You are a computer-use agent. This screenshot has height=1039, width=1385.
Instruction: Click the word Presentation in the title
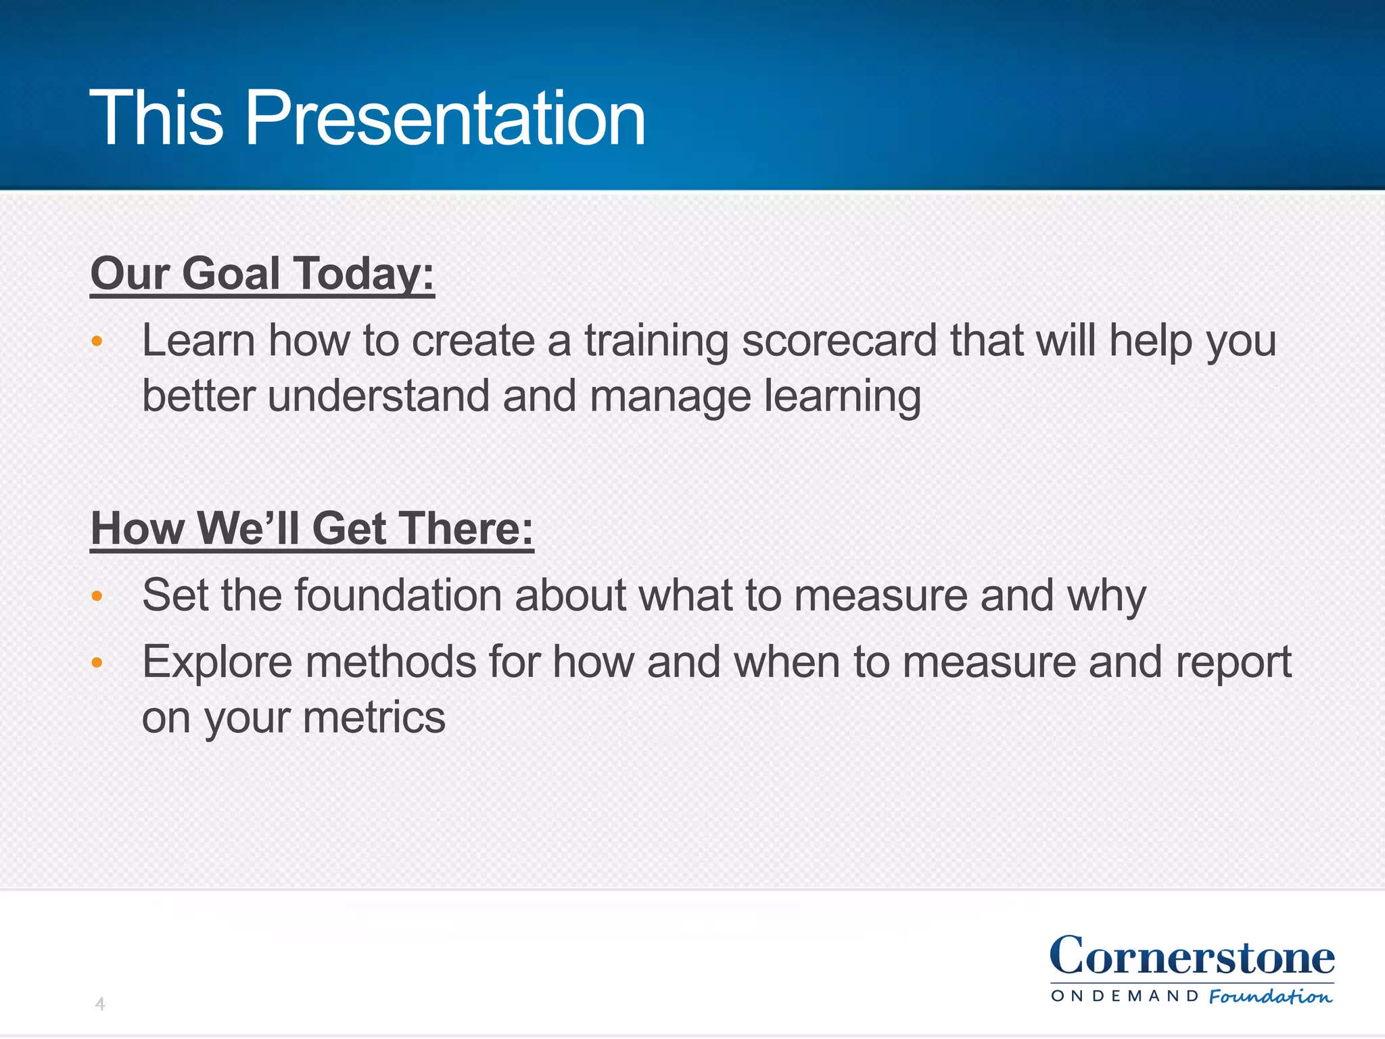click(445, 118)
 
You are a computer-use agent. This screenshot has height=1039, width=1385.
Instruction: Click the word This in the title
click(156, 118)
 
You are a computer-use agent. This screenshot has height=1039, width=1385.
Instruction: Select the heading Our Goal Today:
click(262, 274)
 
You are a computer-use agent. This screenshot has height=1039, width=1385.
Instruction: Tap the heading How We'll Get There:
click(312, 528)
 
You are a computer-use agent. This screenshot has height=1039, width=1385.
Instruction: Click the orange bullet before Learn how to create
click(97, 341)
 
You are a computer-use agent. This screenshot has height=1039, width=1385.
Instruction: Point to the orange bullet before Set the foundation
click(97, 596)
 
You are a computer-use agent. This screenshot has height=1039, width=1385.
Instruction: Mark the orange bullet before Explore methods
click(97, 662)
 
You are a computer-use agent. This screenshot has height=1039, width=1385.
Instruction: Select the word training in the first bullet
click(656, 342)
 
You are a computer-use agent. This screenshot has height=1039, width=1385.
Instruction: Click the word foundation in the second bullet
click(398, 595)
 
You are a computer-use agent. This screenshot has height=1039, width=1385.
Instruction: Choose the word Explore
click(216, 663)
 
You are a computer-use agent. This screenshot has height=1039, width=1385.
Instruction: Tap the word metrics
click(374, 718)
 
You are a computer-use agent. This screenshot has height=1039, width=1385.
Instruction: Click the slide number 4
click(100, 1004)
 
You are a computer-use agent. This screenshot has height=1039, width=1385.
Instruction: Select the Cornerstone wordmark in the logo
click(1192, 956)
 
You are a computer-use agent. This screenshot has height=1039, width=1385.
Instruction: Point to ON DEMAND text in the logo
click(1125, 996)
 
